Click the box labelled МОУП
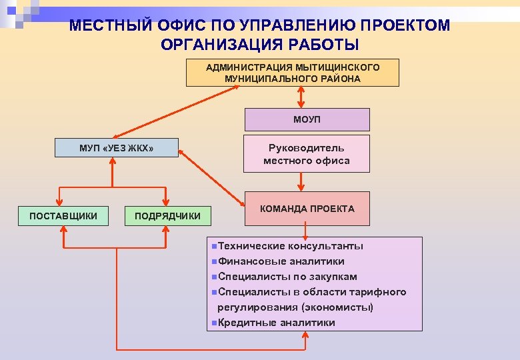[x=306, y=120]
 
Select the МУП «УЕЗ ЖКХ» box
[x=116, y=147]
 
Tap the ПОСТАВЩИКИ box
[x=63, y=215]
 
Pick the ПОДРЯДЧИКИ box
[x=167, y=215]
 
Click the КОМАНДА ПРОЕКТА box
[x=307, y=209]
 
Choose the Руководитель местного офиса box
[x=307, y=154]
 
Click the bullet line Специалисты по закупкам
[x=287, y=277]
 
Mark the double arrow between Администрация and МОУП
[x=301, y=97]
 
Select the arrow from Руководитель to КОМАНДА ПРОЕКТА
[x=304, y=182]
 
